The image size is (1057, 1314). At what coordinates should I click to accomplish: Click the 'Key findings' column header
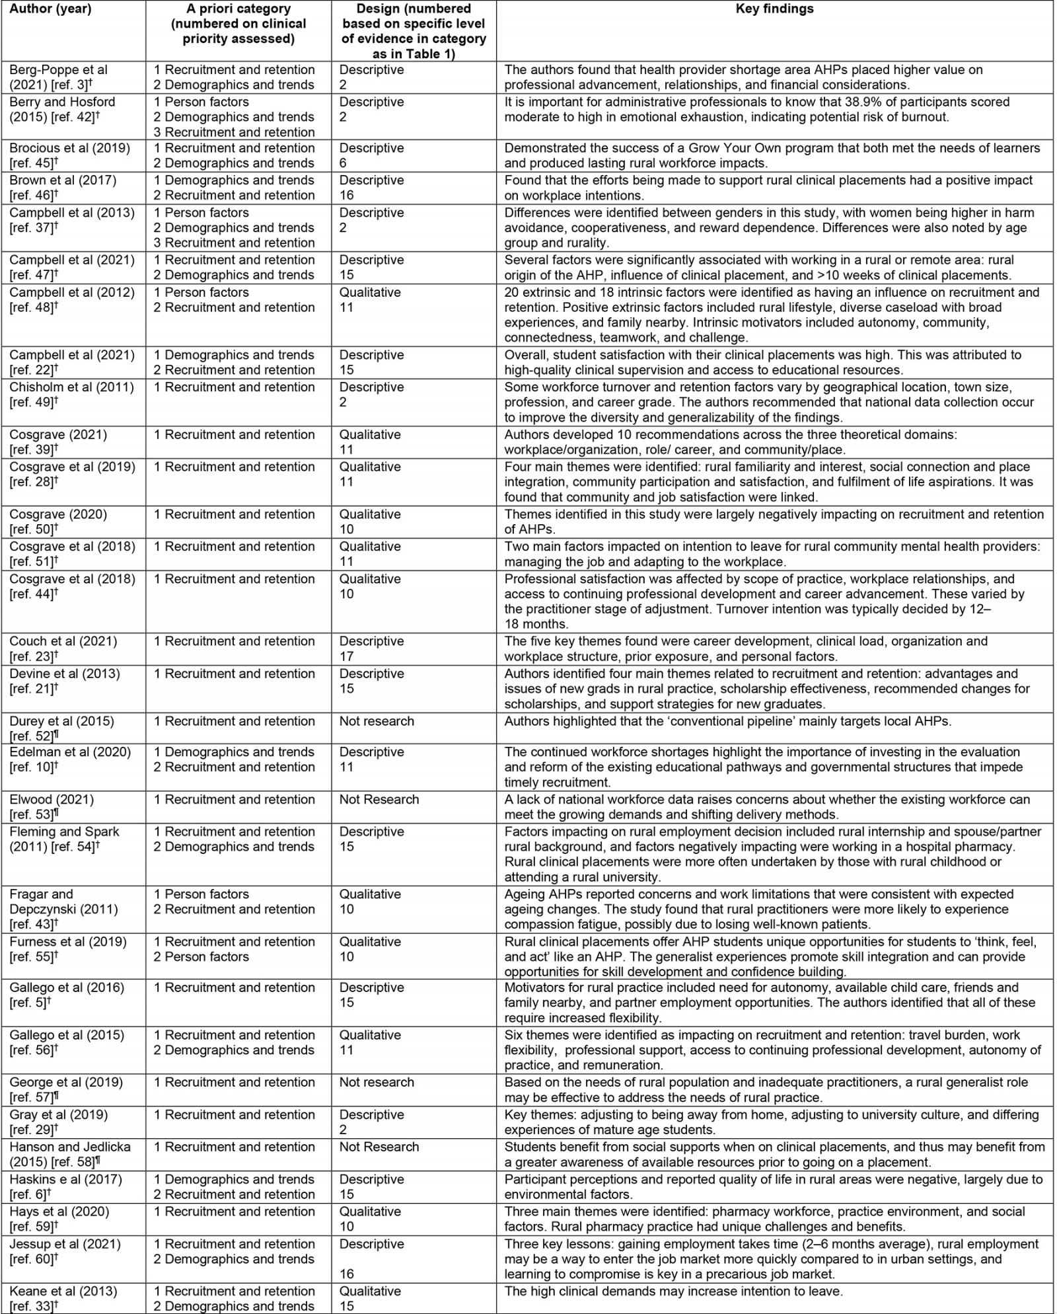coord(774,9)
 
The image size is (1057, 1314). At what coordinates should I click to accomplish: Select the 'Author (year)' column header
coord(50,9)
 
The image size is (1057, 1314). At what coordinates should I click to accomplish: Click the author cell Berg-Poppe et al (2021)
coord(58,77)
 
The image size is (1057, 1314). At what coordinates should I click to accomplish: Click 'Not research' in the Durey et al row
coord(377,721)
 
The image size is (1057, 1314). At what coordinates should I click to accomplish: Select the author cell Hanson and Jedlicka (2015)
coord(69,1154)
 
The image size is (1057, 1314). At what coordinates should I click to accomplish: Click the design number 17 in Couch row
coord(347,656)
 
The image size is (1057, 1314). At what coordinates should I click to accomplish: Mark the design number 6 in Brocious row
coord(343,163)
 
